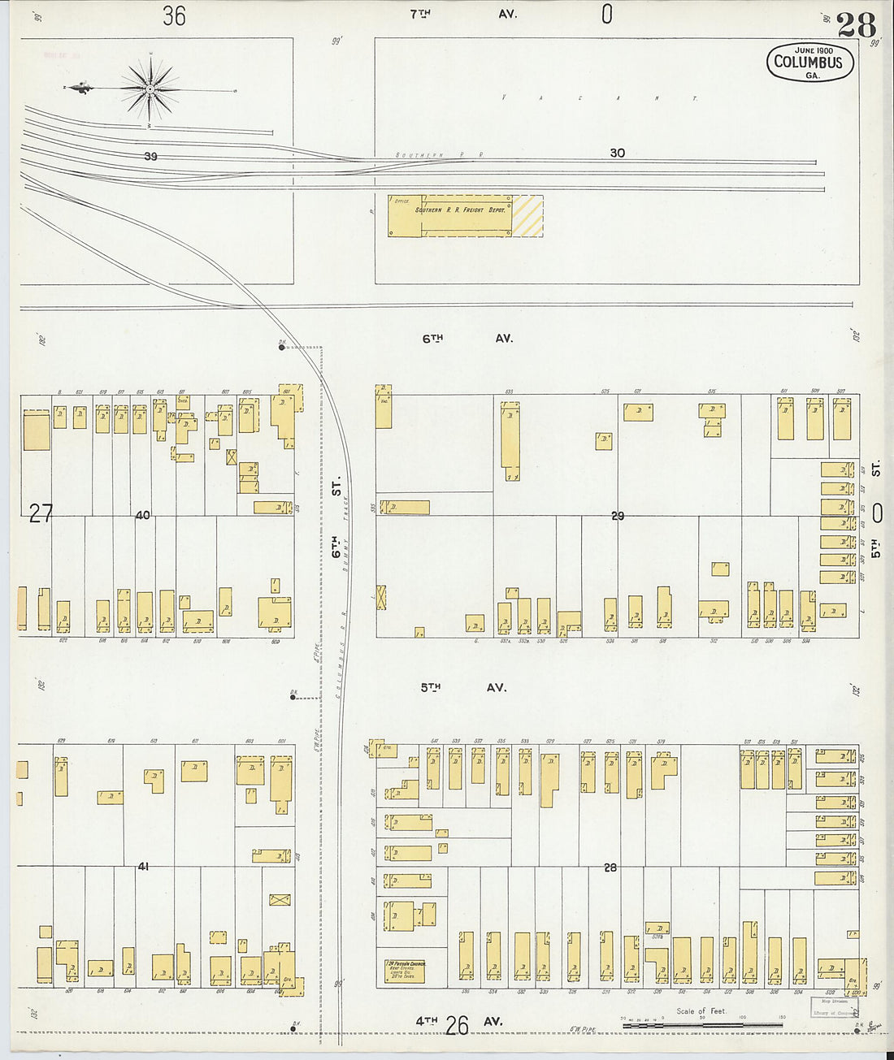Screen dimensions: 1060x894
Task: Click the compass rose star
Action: (x=150, y=88)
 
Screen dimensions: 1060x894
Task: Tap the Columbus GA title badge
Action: (x=809, y=63)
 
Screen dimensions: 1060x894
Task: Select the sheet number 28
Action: (x=856, y=25)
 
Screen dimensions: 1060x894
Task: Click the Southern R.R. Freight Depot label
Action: (x=461, y=210)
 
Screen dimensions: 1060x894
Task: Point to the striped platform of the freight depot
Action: (x=527, y=216)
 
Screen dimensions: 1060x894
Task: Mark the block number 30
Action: (x=618, y=153)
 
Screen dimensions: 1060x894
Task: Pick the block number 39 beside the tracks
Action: (x=150, y=157)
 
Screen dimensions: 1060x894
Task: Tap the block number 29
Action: (x=618, y=516)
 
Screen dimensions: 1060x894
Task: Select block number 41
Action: (x=143, y=867)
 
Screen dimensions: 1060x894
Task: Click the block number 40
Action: (x=143, y=515)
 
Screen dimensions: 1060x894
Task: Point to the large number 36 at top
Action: (x=174, y=15)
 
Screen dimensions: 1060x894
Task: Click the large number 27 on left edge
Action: (x=41, y=513)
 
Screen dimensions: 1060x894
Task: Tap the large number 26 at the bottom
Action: (x=457, y=1026)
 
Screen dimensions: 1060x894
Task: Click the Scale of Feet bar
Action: (x=702, y=1025)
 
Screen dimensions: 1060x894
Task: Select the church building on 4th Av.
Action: (x=406, y=970)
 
